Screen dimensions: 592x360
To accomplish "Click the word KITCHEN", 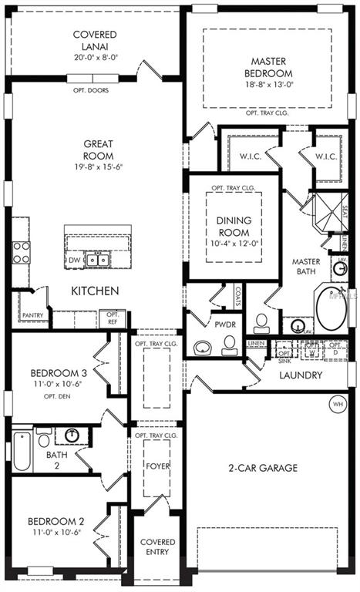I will (95, 291).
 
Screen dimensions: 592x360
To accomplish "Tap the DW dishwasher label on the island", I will (73, 261).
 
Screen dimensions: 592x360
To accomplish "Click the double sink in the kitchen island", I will (97, 261).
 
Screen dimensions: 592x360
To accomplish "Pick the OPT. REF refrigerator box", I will (113, 318).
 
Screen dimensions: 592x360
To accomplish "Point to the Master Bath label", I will (306, 267).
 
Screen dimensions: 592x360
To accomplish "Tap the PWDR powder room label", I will (226, 325).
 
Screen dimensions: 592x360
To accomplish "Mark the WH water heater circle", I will (337, 404).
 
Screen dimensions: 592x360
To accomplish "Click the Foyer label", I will (157, 466).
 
